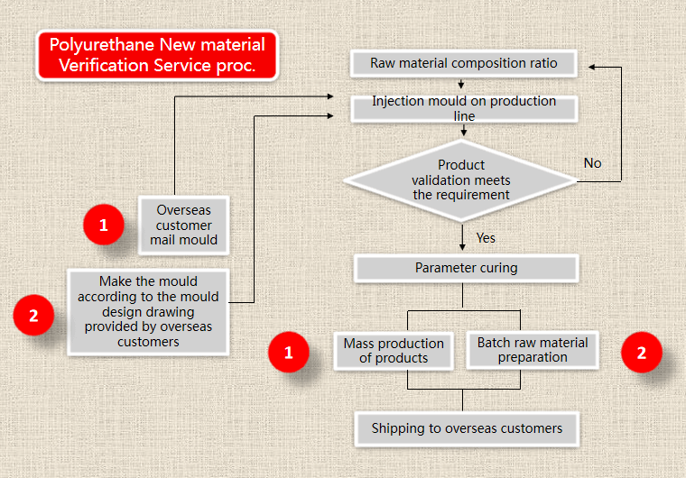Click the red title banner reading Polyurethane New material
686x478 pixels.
coord(157,55)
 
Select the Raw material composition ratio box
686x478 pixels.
coord(463,63)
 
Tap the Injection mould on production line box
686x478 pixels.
coord(464,108)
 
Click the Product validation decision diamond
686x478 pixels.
coord(461,180)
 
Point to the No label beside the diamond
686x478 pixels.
coord(592,163)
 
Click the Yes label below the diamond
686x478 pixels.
coord(486,238)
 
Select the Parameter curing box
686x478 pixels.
coord(466,268)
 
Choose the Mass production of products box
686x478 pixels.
coord(394,351)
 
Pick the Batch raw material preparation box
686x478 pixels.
coord(533,350)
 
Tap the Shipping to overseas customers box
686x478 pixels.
coord(467,428)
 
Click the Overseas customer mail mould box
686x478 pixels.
coord(184,225)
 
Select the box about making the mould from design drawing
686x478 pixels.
coord(148,312)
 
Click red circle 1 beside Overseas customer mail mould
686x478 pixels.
coord(104,225)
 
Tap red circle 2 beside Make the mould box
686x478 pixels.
coord(33,316)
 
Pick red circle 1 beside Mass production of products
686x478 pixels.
coord(289,353)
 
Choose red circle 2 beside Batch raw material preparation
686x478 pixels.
coord(642,353)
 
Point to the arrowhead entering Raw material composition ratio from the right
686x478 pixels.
coord(591,67)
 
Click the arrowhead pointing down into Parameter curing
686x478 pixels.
coord(462,247)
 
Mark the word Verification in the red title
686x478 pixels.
coord(104,66)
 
